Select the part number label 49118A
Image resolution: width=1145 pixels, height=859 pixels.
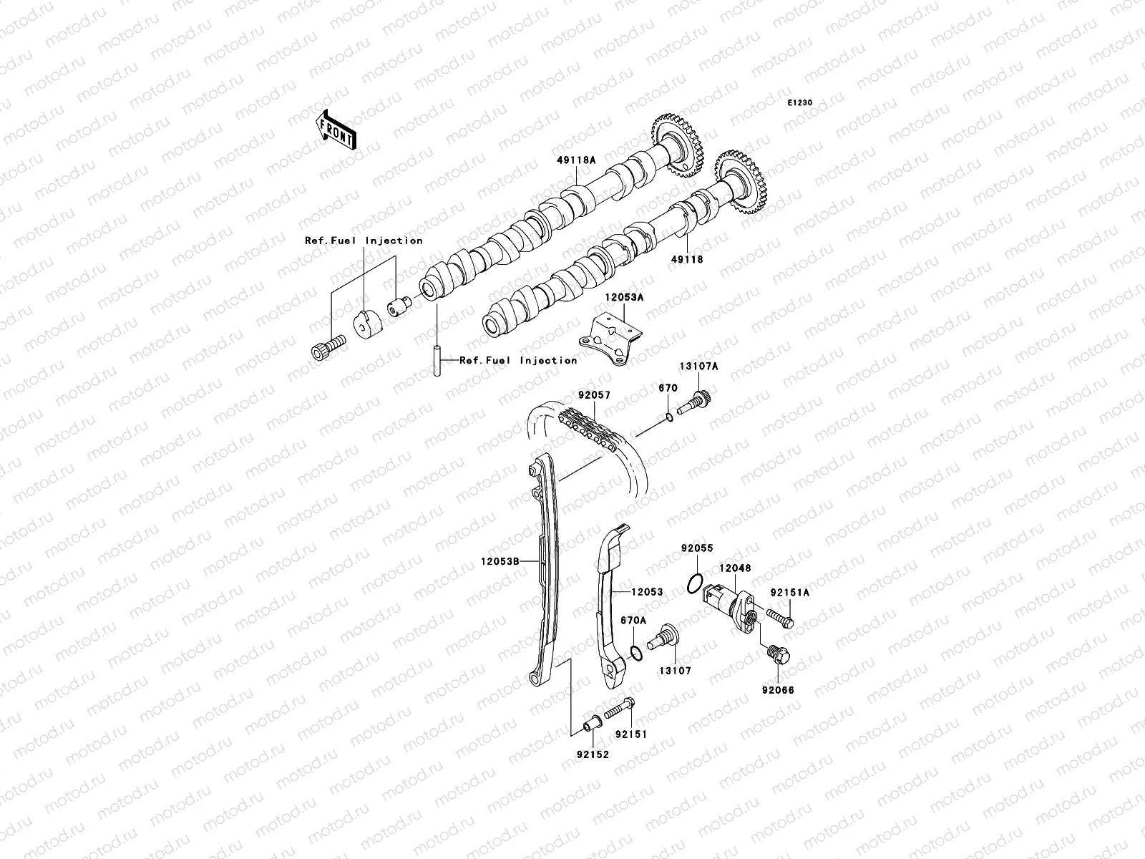(x=576, y=161)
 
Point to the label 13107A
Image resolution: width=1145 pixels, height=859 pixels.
(x=703, y=367)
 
